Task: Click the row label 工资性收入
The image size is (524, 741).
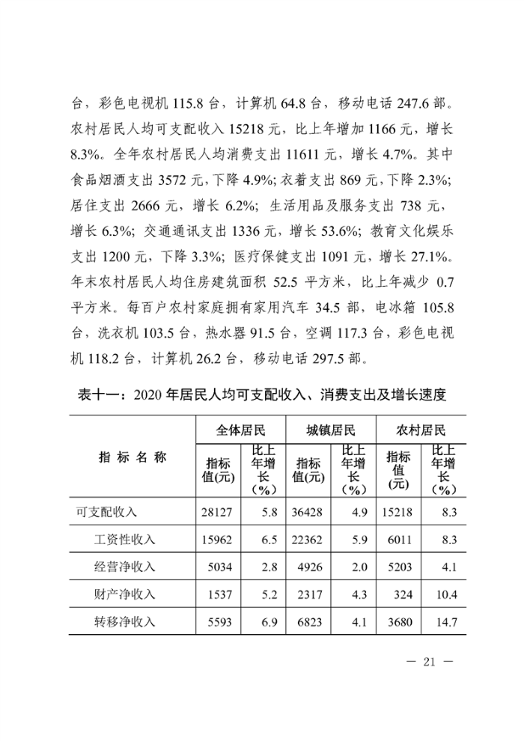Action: (x=124, y=540)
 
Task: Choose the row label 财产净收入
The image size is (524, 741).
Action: (x=124, y=594)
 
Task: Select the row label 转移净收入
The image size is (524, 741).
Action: (x=124, y=621)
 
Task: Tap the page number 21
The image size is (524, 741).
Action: (x=429, y=662)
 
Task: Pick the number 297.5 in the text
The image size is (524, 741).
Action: (x=317, y=358)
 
